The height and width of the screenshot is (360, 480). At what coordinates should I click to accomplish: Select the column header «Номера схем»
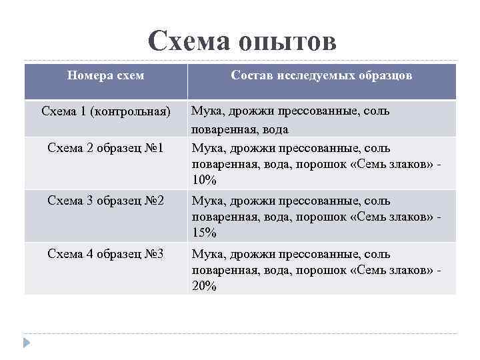tap(106, 76)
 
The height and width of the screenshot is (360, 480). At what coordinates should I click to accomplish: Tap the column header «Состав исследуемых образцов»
tap(321, 76)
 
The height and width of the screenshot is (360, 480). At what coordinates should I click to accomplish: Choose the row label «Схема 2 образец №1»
tap(106, 147)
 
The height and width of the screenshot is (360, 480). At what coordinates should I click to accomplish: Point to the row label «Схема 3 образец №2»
tap(106, 201)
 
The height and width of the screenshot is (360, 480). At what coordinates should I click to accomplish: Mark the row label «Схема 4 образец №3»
tap(106, 254)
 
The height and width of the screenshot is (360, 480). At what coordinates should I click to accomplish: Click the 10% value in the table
tap(204, 180)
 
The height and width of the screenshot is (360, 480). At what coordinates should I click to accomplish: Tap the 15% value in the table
tap(204, 233)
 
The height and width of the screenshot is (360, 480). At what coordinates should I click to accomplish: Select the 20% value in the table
tap(204, 287)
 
